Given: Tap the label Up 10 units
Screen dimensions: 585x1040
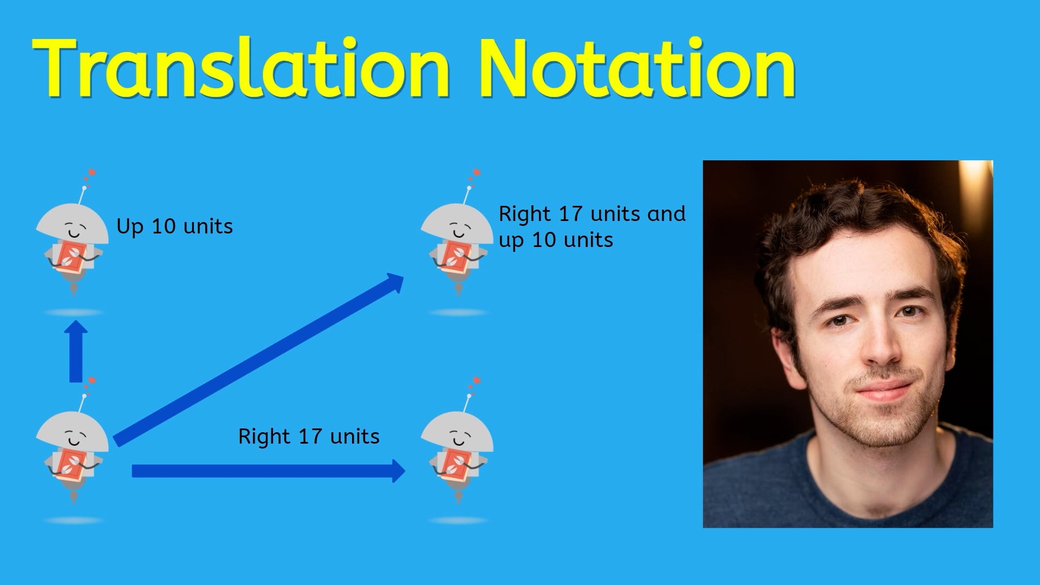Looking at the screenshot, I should click(x=174, y=226).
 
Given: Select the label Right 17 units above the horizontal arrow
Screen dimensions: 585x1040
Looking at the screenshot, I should click(x=309, y=437).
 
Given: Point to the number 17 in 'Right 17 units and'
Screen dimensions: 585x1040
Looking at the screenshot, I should click(x=570, y=214).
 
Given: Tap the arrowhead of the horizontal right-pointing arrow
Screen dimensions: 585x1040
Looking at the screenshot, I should click(x=398, y=471).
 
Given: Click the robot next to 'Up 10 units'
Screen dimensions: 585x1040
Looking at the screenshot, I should click(x=72, y=244).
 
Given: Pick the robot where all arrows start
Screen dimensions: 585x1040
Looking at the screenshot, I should click(x=72, y=452).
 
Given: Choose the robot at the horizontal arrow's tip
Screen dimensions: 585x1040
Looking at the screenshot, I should click(x=457, y=452).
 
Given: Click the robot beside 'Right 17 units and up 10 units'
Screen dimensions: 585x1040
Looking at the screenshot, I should click(x=457, y=244).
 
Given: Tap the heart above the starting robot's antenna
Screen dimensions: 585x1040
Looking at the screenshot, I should click(x=92, y=381).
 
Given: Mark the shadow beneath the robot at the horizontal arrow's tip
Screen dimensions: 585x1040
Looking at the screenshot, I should click(x=458, y=521).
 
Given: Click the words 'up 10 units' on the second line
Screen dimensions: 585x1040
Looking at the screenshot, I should click(x=556, y=240).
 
